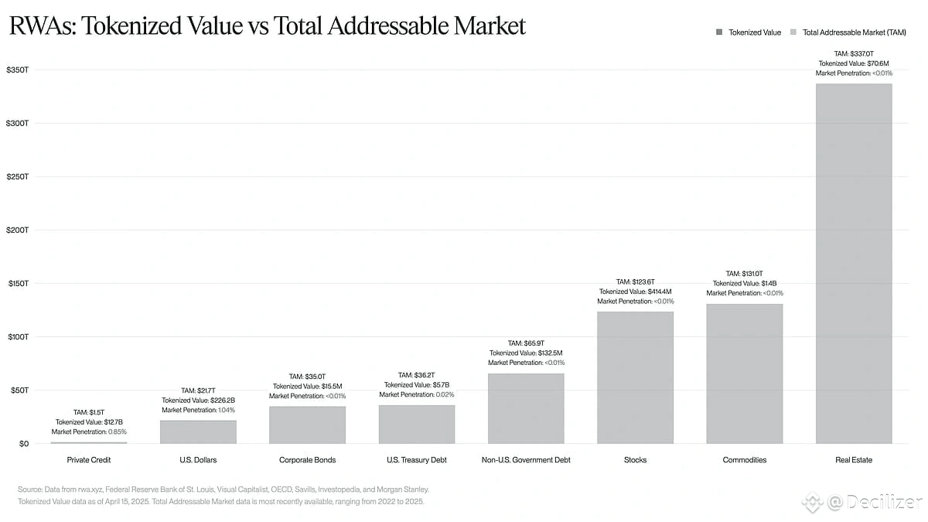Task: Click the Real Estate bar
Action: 854,263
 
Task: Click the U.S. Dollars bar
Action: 198,432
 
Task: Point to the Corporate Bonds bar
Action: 307,425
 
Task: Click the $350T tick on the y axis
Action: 17,70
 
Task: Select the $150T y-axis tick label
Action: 17,284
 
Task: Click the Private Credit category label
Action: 89,460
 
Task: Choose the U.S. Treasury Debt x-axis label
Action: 416,460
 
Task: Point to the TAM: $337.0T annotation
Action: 854,53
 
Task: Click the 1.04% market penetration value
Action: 227,410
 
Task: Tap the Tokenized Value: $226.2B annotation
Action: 198,401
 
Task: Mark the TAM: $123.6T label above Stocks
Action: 635,281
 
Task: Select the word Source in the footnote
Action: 29,490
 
